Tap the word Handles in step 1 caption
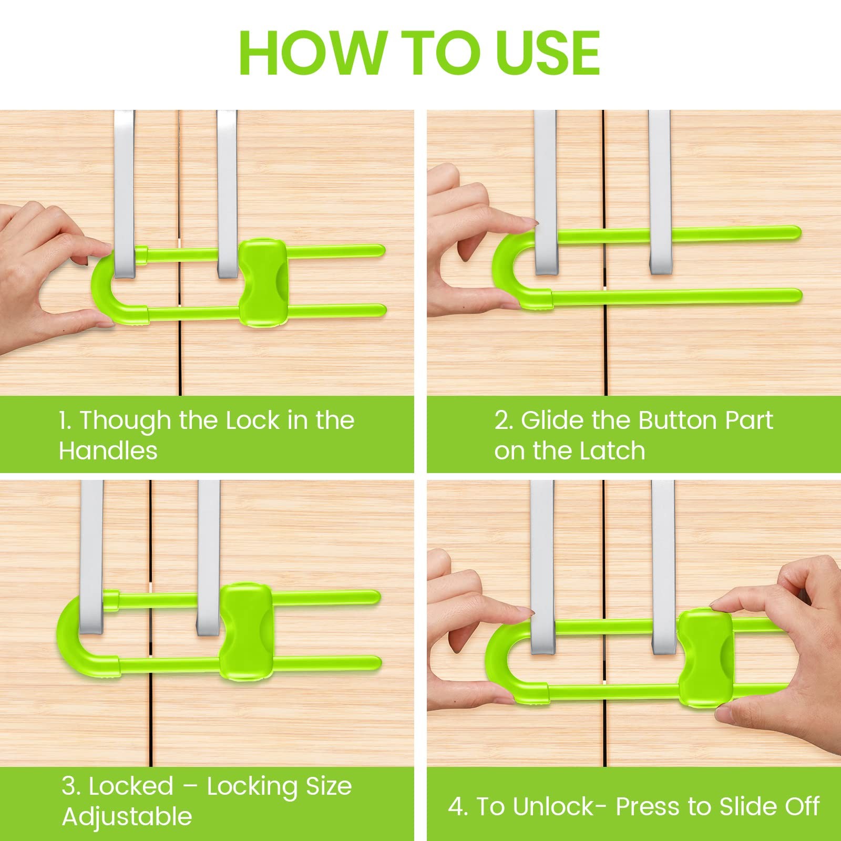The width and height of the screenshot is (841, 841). click(x=108, y=450)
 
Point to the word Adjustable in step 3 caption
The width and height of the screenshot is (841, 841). click(x=127, y=817)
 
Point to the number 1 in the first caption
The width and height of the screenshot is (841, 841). click(x=64, y=420)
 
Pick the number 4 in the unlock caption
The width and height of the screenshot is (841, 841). click(x=456, y=806)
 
